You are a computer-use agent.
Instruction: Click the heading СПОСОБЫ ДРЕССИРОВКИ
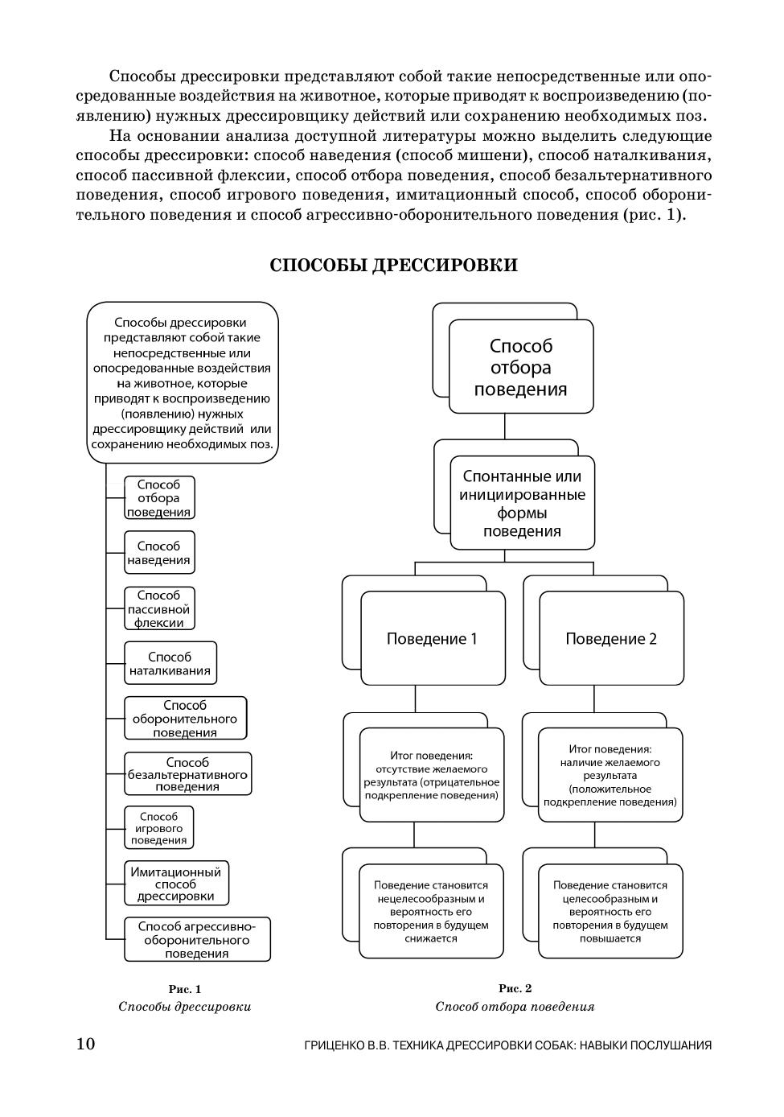[393, 266]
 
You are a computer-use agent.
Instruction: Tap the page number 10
[85, 1044]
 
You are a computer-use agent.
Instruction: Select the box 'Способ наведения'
[159, 553]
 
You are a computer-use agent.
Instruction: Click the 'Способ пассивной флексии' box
[159, 608]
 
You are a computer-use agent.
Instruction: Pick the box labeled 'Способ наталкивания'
[170, 663]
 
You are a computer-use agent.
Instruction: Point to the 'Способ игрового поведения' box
[158, 828]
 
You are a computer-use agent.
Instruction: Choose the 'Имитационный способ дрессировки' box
[176, 884]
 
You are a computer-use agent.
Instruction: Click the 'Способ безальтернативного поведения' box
[187, 774]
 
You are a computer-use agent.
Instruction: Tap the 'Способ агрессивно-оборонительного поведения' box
[197, 939]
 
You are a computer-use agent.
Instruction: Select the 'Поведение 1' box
[433, 639]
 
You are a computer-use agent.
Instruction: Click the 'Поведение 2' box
[611, 639]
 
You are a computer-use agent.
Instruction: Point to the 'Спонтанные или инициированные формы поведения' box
[522, 504]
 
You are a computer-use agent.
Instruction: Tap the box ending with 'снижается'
[432, 912]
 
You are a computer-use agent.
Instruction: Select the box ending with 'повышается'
[610, 912]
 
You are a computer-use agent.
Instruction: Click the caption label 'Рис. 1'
[185, 989]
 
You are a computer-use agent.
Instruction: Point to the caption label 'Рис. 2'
[515, 988]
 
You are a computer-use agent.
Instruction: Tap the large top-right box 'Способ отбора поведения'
[521, 368]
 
